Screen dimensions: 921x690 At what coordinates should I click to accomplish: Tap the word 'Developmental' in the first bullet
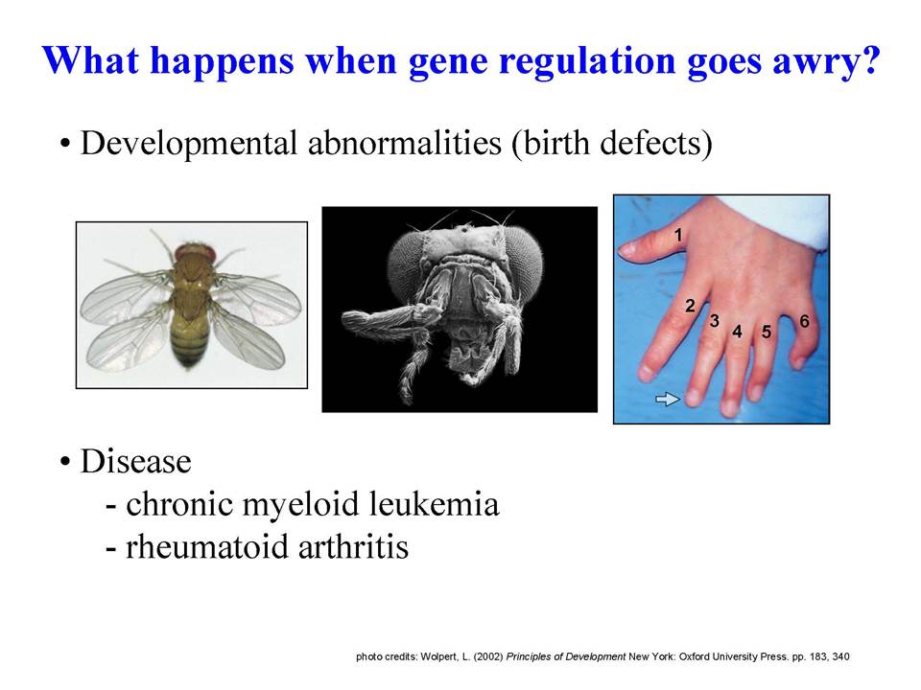pyautogui.click(x=189, y=144)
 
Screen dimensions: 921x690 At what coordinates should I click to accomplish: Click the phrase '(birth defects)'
pyautogui.click(x=612, y=143)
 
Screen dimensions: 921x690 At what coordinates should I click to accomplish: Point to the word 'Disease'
pyautogui.click(x=135, y=461)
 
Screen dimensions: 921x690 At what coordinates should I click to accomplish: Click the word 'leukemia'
pyautogui.click(x=434, y=504)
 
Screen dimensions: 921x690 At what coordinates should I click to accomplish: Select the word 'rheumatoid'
pyautogui.click(x=207, y=547)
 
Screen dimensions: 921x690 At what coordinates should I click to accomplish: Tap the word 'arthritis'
pyautogui.click(x=354, y=547)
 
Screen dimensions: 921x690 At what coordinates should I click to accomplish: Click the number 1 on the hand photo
pyautogui.click(x=678, y=236)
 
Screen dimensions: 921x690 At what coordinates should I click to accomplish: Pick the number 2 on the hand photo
pyautogui.click(x=690, y=306)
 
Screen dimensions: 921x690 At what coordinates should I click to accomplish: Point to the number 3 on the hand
pyautogui.click(x=714, y=320)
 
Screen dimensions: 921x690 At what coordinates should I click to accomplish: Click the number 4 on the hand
pyautogui.click(x=737, y=333)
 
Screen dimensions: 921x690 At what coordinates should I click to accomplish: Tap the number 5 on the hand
pyautogui.click(x=767, y=333)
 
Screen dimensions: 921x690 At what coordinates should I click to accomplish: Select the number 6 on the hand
pyautogui.click(x=804, y=322)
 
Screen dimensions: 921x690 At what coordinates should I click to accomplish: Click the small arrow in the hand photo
pyautogui.click(x=668, y=400)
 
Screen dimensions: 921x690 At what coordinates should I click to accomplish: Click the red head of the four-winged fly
pyautogui.click(x=196, y=254)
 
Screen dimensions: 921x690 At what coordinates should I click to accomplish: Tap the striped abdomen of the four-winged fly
pyautogui.click(x=190, y=344)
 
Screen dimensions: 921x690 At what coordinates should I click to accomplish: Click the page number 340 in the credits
pyautogui.click(x=840, y=656)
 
